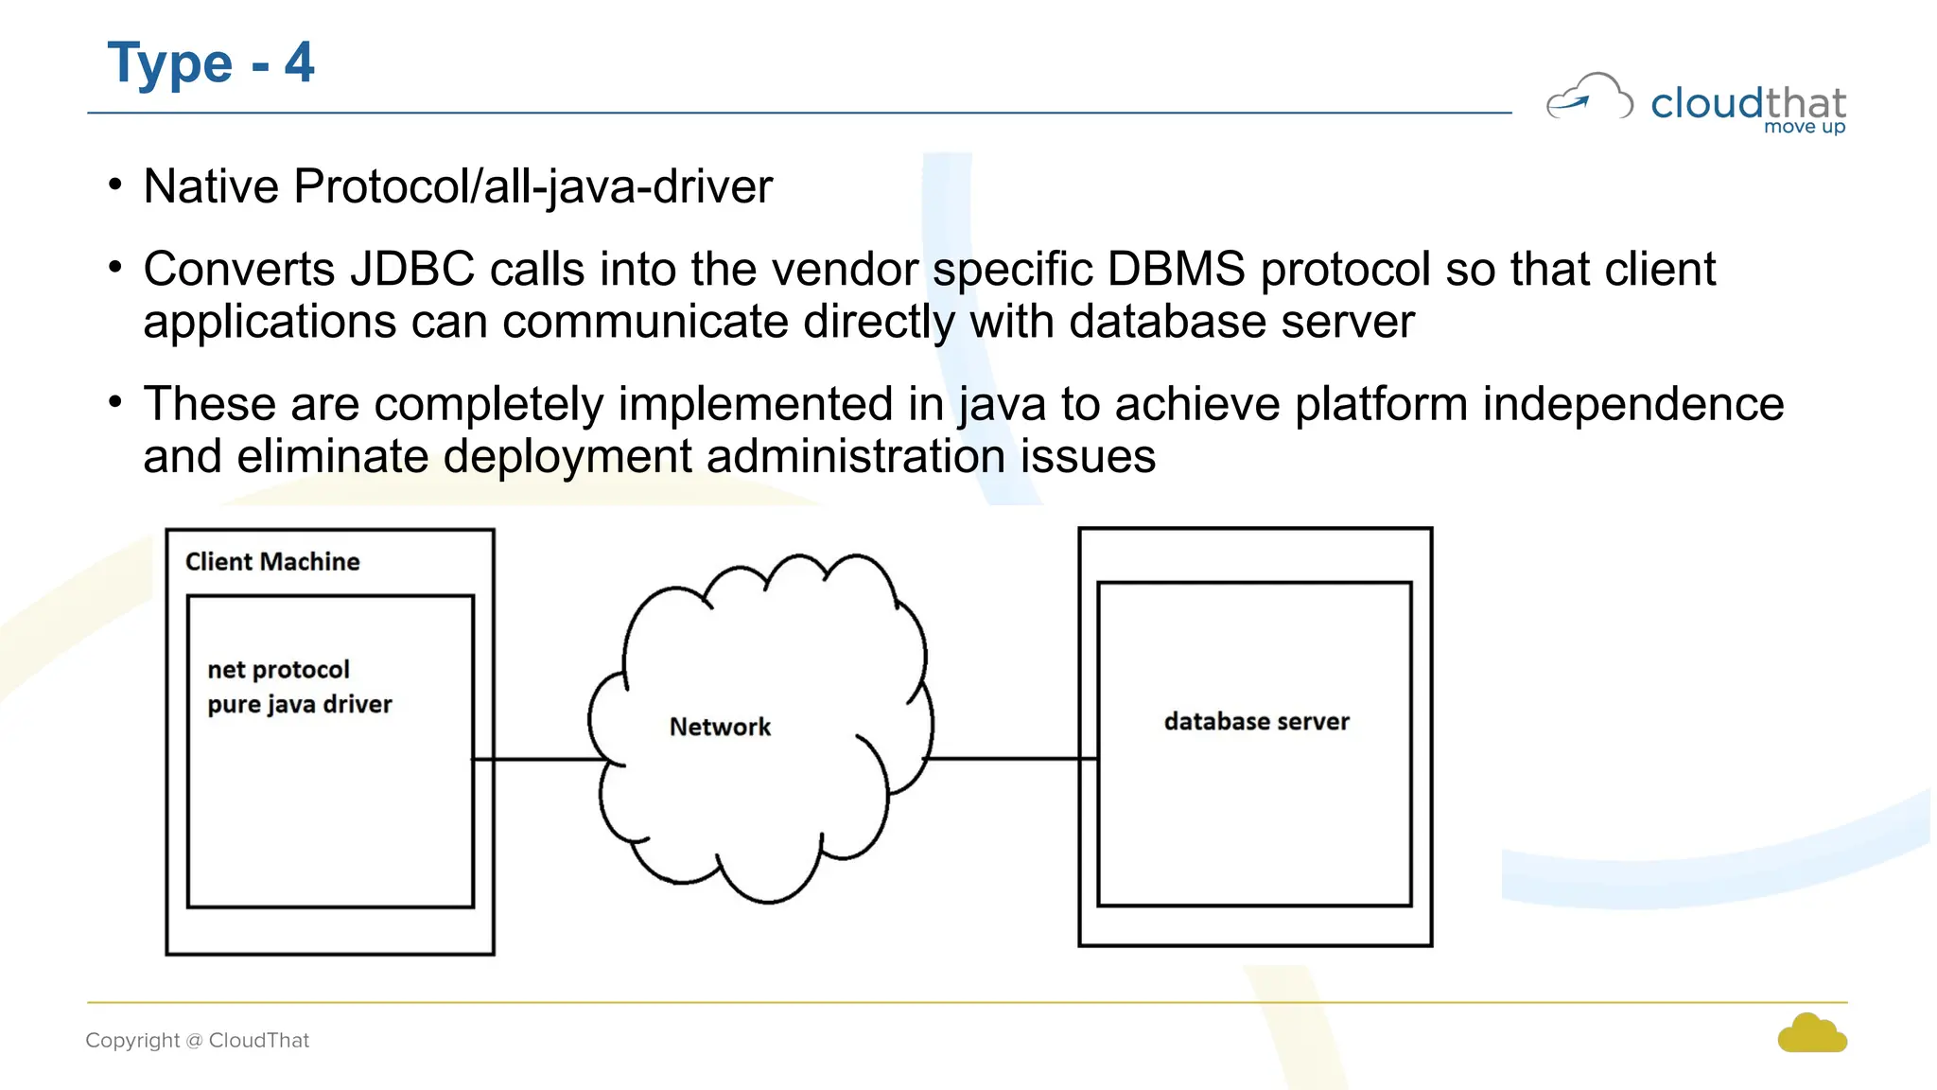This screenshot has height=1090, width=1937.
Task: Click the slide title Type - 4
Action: (210, 63)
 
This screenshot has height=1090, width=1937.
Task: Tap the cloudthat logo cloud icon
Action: (1589, 97)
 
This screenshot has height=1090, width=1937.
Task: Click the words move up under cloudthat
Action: (1804, 127)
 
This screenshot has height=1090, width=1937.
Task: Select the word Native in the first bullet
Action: (211, 186)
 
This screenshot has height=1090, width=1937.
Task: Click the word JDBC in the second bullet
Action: (412, 270)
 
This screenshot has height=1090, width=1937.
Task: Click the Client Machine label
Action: (272, 562)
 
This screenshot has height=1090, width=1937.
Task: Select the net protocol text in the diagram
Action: (278, 670)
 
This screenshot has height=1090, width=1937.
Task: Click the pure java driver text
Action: (299, 705)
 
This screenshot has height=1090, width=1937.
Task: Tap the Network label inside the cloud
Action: (720, 728)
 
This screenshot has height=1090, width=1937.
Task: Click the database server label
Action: (1256, 722)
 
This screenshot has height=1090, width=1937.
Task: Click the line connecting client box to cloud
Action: (539, 759)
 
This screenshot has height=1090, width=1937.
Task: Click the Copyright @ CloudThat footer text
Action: (198, 1041)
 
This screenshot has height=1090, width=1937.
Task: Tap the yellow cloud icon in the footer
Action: (1811, 1034)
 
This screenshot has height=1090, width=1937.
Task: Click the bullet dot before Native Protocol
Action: (115, 184)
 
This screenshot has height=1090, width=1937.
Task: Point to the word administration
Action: (856, 457)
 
